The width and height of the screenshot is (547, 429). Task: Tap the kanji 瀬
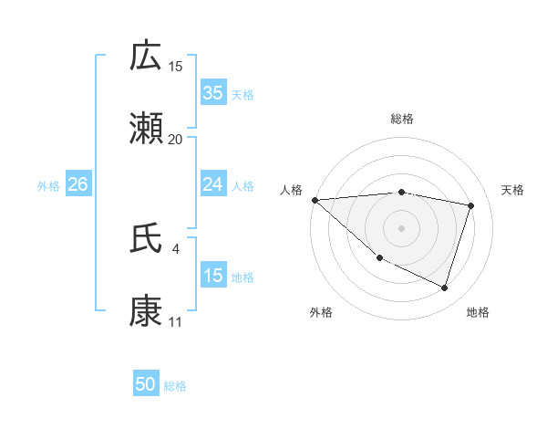coord(146,129)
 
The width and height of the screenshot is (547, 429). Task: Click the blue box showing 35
coord(213,92)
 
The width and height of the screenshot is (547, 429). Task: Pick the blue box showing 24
coord(213,184)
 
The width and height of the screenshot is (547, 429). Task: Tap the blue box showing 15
coord(213,276)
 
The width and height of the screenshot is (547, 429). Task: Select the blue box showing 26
coord(77,184)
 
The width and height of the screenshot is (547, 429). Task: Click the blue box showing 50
coord(146,384)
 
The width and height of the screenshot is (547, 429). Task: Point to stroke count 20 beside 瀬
coord(176,139)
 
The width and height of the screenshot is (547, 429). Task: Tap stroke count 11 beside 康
coord(176,321)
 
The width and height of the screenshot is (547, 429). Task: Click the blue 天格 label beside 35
coord(243,94)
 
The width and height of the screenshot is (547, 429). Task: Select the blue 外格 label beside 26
coord(48,186)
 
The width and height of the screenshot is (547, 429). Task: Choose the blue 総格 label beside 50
coord(175,386)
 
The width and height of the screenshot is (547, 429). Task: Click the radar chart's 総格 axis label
coord(402,119)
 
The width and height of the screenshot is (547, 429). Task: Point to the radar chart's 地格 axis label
coord(478,313)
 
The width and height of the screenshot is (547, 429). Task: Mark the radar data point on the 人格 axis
coord(315,200)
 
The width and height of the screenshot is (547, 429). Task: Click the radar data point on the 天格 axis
coord(471,205)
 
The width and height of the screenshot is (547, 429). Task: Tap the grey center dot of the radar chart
coord(402,228)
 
